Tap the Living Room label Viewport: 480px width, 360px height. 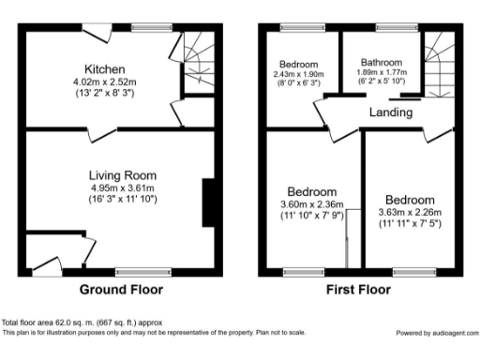tap(123, 174)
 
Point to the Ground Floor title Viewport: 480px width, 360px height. tap(120, 289)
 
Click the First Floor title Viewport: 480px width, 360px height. tap(359, 289)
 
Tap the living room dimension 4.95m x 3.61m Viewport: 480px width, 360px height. tap(123, 187)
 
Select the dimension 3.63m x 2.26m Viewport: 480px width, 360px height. tap(409, 212)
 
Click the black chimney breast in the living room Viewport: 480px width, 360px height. tap(208, 202)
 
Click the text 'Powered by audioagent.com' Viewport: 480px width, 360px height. tap(436, 333)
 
